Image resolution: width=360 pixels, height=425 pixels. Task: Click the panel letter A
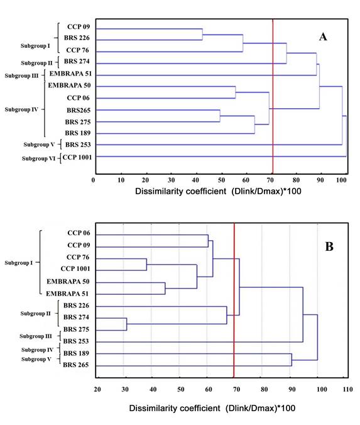323,37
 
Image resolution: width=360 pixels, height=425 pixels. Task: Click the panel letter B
329,247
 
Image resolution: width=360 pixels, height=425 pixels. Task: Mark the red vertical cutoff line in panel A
273,94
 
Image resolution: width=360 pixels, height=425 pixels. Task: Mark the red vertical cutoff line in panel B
234,302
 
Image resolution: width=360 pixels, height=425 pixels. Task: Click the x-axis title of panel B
212,408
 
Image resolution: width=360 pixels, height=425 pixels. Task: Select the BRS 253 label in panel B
77,341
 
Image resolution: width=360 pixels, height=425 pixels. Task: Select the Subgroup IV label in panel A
21,109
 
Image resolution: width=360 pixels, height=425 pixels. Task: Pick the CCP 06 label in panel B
79,234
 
